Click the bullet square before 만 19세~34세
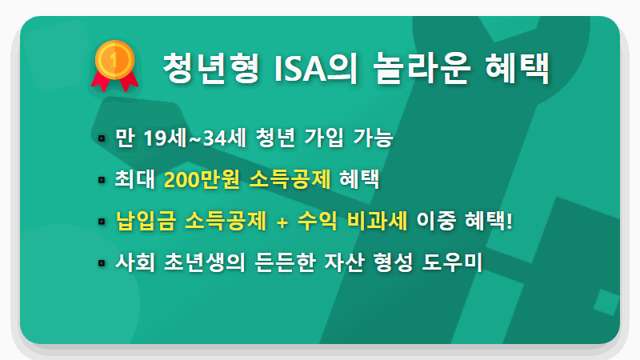click(x=102, y=139)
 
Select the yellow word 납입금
click(x=144, y=221)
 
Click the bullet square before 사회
click(x=102, y=263)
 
